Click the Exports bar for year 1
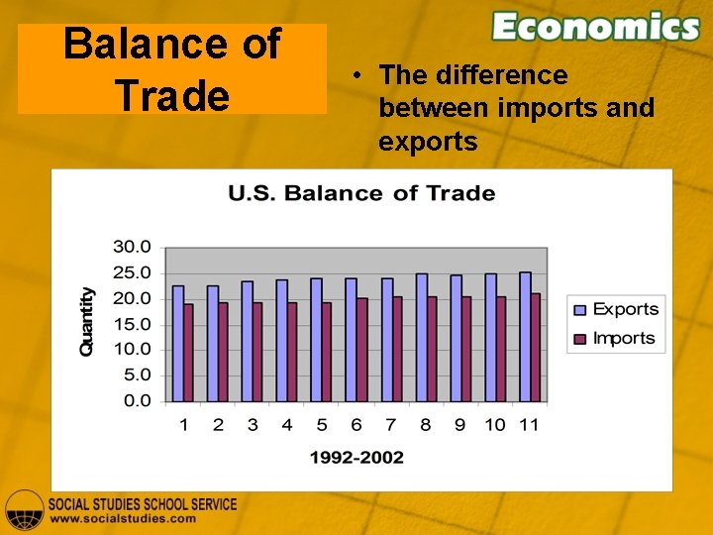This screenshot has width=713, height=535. click(178, 343)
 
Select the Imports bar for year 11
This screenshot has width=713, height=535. click(535, 347)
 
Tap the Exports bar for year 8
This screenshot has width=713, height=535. click(421, 337)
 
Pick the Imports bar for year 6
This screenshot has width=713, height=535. click(361, 349)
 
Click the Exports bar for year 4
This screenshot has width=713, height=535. click(282, 340)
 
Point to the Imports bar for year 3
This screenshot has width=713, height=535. click(257, 351)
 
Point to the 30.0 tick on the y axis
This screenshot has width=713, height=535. click(131, 246)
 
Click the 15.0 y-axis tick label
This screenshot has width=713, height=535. click(131, 324)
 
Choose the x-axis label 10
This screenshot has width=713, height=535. click(495, 425)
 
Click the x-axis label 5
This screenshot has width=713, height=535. click(322, 425)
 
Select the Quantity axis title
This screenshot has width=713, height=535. click(87, 322)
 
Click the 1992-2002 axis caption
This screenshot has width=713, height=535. click(356, 457)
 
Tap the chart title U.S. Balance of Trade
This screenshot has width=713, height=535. click(361, 193)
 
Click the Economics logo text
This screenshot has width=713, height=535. click(595, 27)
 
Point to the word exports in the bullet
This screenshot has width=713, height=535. click(428, 142)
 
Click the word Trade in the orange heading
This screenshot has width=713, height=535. click(172, 95)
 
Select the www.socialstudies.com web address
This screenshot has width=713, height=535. click(123, 518)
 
